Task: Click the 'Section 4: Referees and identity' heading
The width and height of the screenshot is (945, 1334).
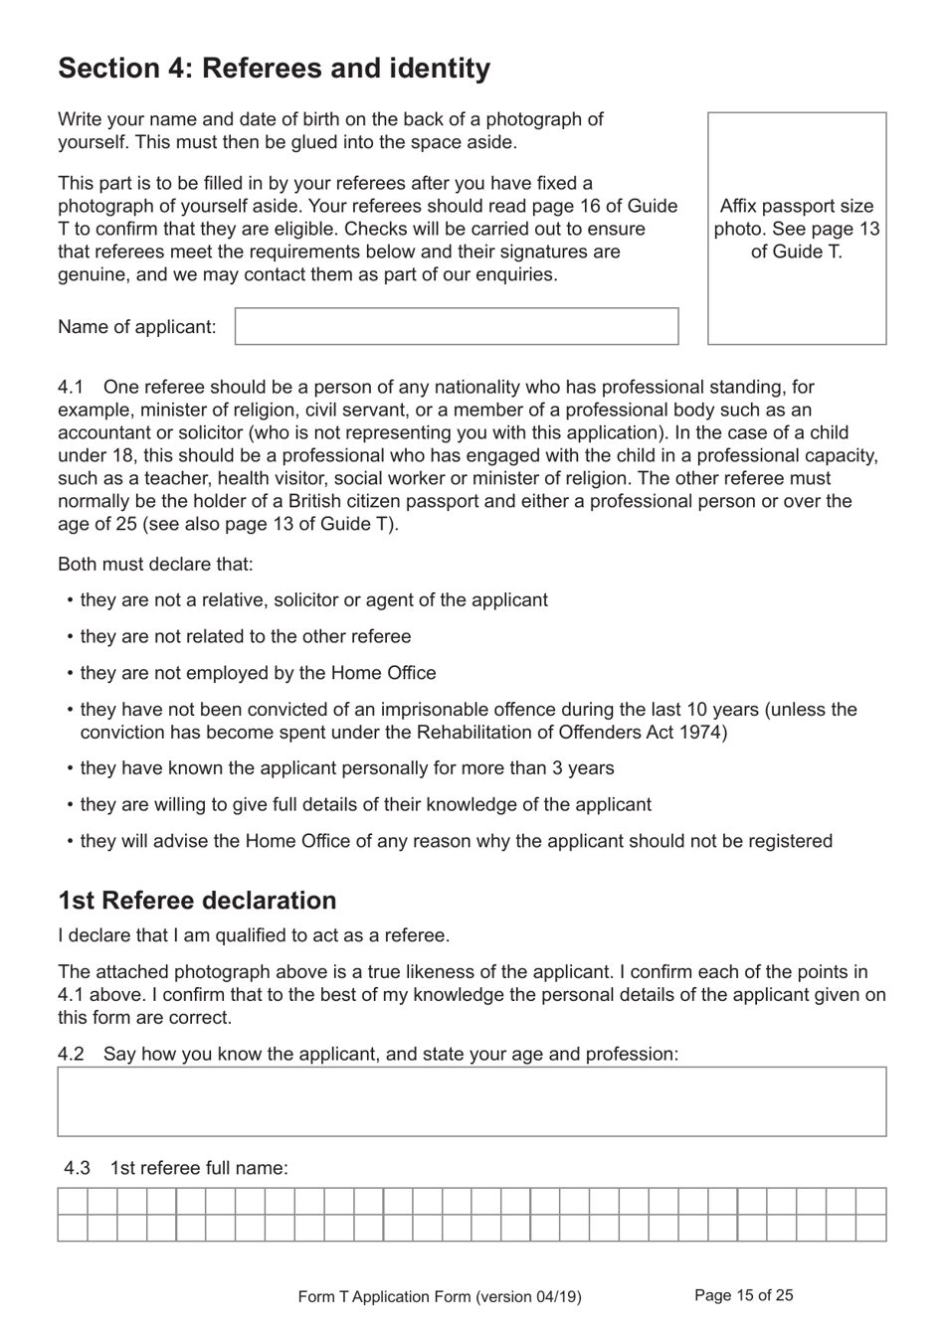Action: tap(274, 69)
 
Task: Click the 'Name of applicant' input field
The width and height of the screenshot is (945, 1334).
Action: tap(457, 326)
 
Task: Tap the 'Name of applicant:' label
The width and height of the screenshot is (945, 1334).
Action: tap(136, 327)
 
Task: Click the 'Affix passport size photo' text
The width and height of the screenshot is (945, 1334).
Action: tap(796, 229)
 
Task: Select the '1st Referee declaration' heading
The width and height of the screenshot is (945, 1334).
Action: tap(197, 901)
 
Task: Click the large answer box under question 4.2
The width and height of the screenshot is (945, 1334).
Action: tap(472, 1101)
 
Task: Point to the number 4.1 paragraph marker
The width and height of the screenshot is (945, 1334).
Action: tap(71, 387)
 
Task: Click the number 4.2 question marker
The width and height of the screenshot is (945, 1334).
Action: tap(71, 1054)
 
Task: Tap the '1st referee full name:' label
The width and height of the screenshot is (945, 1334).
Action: tap(199, 1168)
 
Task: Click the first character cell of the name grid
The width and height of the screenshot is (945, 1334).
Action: tap(73, 1201)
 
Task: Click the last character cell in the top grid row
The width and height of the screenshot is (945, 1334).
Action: tap(870, 1201)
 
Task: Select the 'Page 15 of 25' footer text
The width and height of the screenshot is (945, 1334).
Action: tap(743, 1295)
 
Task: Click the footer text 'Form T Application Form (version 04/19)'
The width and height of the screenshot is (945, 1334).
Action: tap(440, 1296)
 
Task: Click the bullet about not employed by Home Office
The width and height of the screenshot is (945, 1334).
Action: tap(258, 673)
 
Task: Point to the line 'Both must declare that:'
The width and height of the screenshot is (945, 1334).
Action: tap(155, 565)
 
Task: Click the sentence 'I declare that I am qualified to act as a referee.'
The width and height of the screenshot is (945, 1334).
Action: tap(254, 935)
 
